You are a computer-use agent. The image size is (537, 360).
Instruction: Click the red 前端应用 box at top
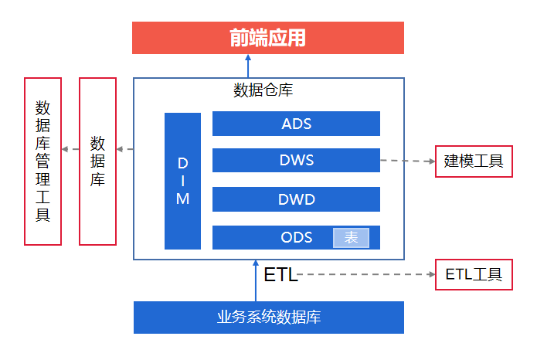(x=267, y=38)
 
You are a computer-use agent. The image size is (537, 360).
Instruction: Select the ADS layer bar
(x=296, y=124)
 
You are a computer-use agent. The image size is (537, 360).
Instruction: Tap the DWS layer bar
(x=296, y=161)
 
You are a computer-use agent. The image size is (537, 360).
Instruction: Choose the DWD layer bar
(x=296, y=199)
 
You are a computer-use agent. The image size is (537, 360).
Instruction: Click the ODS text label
(x=297, y=237)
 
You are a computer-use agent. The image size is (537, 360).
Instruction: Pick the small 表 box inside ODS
(x=351, y=238)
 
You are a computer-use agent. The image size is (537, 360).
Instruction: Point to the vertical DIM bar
(x=182, y=181)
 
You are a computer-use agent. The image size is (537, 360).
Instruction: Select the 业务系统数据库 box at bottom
(x=268, y=318)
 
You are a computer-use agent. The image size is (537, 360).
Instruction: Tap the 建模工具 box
(x=474, y=161)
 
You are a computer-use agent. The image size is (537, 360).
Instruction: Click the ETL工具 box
(x=474, y=274)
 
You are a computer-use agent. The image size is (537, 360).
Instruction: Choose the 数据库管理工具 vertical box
(x=42, y=161)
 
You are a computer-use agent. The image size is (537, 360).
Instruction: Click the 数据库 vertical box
(x=98, y=161)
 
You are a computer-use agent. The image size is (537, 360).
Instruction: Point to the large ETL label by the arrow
(x=280, y=275)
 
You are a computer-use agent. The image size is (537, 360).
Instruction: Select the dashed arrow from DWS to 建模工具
(x=407, y=161)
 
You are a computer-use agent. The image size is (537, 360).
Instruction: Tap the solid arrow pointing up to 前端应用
(x=248, y=66)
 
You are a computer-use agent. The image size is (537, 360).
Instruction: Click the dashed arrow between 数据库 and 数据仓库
(x=125, y=148)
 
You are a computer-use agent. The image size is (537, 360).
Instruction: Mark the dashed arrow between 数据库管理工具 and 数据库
(x=70, y=148)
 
